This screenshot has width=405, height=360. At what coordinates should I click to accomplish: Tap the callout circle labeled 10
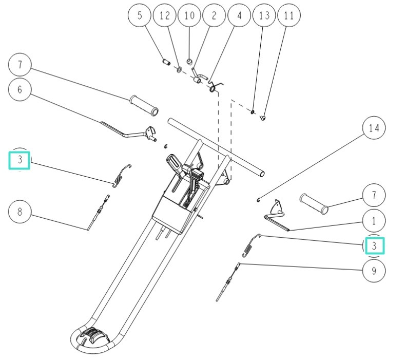click(x=189, y=16)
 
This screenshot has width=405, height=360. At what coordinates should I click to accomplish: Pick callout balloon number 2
click(x=214, y=16)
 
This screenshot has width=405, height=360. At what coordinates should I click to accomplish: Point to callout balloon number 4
click(x=239, y=16)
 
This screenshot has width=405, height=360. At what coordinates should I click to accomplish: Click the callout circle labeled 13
click(x=264, y=16)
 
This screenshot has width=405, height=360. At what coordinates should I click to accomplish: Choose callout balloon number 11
click(x=288, y=16)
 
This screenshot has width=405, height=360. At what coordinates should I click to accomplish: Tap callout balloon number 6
click(x=20, y=89)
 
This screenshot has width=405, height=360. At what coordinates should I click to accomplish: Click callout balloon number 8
click(x=20, y=212)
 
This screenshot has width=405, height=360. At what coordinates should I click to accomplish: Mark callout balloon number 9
click(x=374, y=270)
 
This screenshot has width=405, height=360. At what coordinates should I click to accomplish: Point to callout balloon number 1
click(x=374, y=221)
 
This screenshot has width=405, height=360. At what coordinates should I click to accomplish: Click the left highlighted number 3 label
click(x=20, y=160)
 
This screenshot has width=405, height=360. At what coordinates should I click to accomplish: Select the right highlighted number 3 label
click(x=374, y=245)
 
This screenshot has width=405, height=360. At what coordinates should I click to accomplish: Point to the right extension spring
click(x=252, y=245)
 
